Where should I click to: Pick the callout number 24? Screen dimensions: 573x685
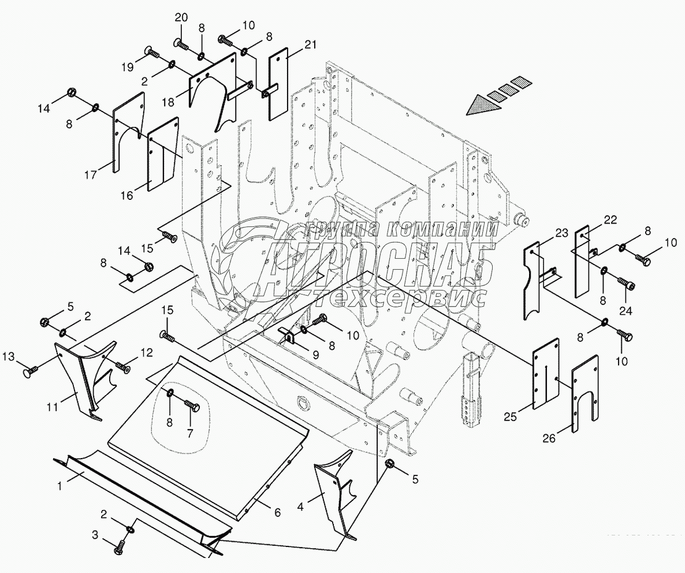pos(626,310)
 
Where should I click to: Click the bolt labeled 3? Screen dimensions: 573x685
pos(122,544)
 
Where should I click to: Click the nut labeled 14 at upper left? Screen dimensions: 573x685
pos(72,92)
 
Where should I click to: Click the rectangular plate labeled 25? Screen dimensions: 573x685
pos(545,374)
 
